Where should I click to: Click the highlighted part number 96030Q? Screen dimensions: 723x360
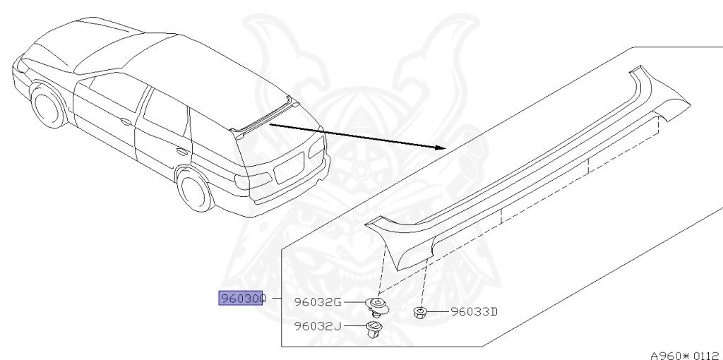click(241, 299)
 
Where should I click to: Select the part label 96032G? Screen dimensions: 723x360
click(318, 303)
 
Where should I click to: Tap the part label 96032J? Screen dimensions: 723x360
click(318, 326)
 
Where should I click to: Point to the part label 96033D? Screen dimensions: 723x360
click(474, 311)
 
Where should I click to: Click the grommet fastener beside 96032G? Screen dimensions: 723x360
click(378, 305)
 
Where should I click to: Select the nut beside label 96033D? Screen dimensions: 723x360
click(419, 311)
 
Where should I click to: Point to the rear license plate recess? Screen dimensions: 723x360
click(287, 169)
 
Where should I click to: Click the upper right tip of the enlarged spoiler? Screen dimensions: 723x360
click(639, 71)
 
